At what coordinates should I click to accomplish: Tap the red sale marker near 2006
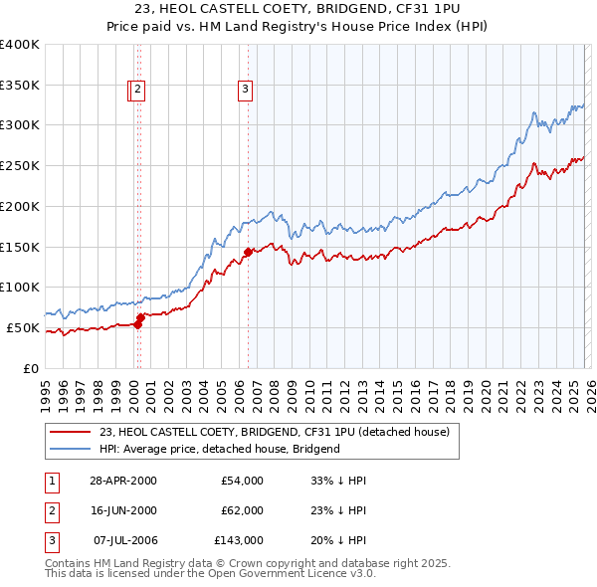pyautogui.click(x=248, y=252)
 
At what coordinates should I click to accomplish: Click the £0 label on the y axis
pyautogui.click(x=30, y=368)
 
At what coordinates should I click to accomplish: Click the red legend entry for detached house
pyautogui.click(x=275, y=433)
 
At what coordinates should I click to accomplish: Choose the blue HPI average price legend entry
pyautogui.click(x=219, y=449)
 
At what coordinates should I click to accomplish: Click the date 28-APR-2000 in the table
pyautogui.click(x=122, y=481)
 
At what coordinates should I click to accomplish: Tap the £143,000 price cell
pyautogui.click(x=239, y=540)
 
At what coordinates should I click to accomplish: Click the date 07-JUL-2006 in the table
pyautogui.click(x=122, y=540)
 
